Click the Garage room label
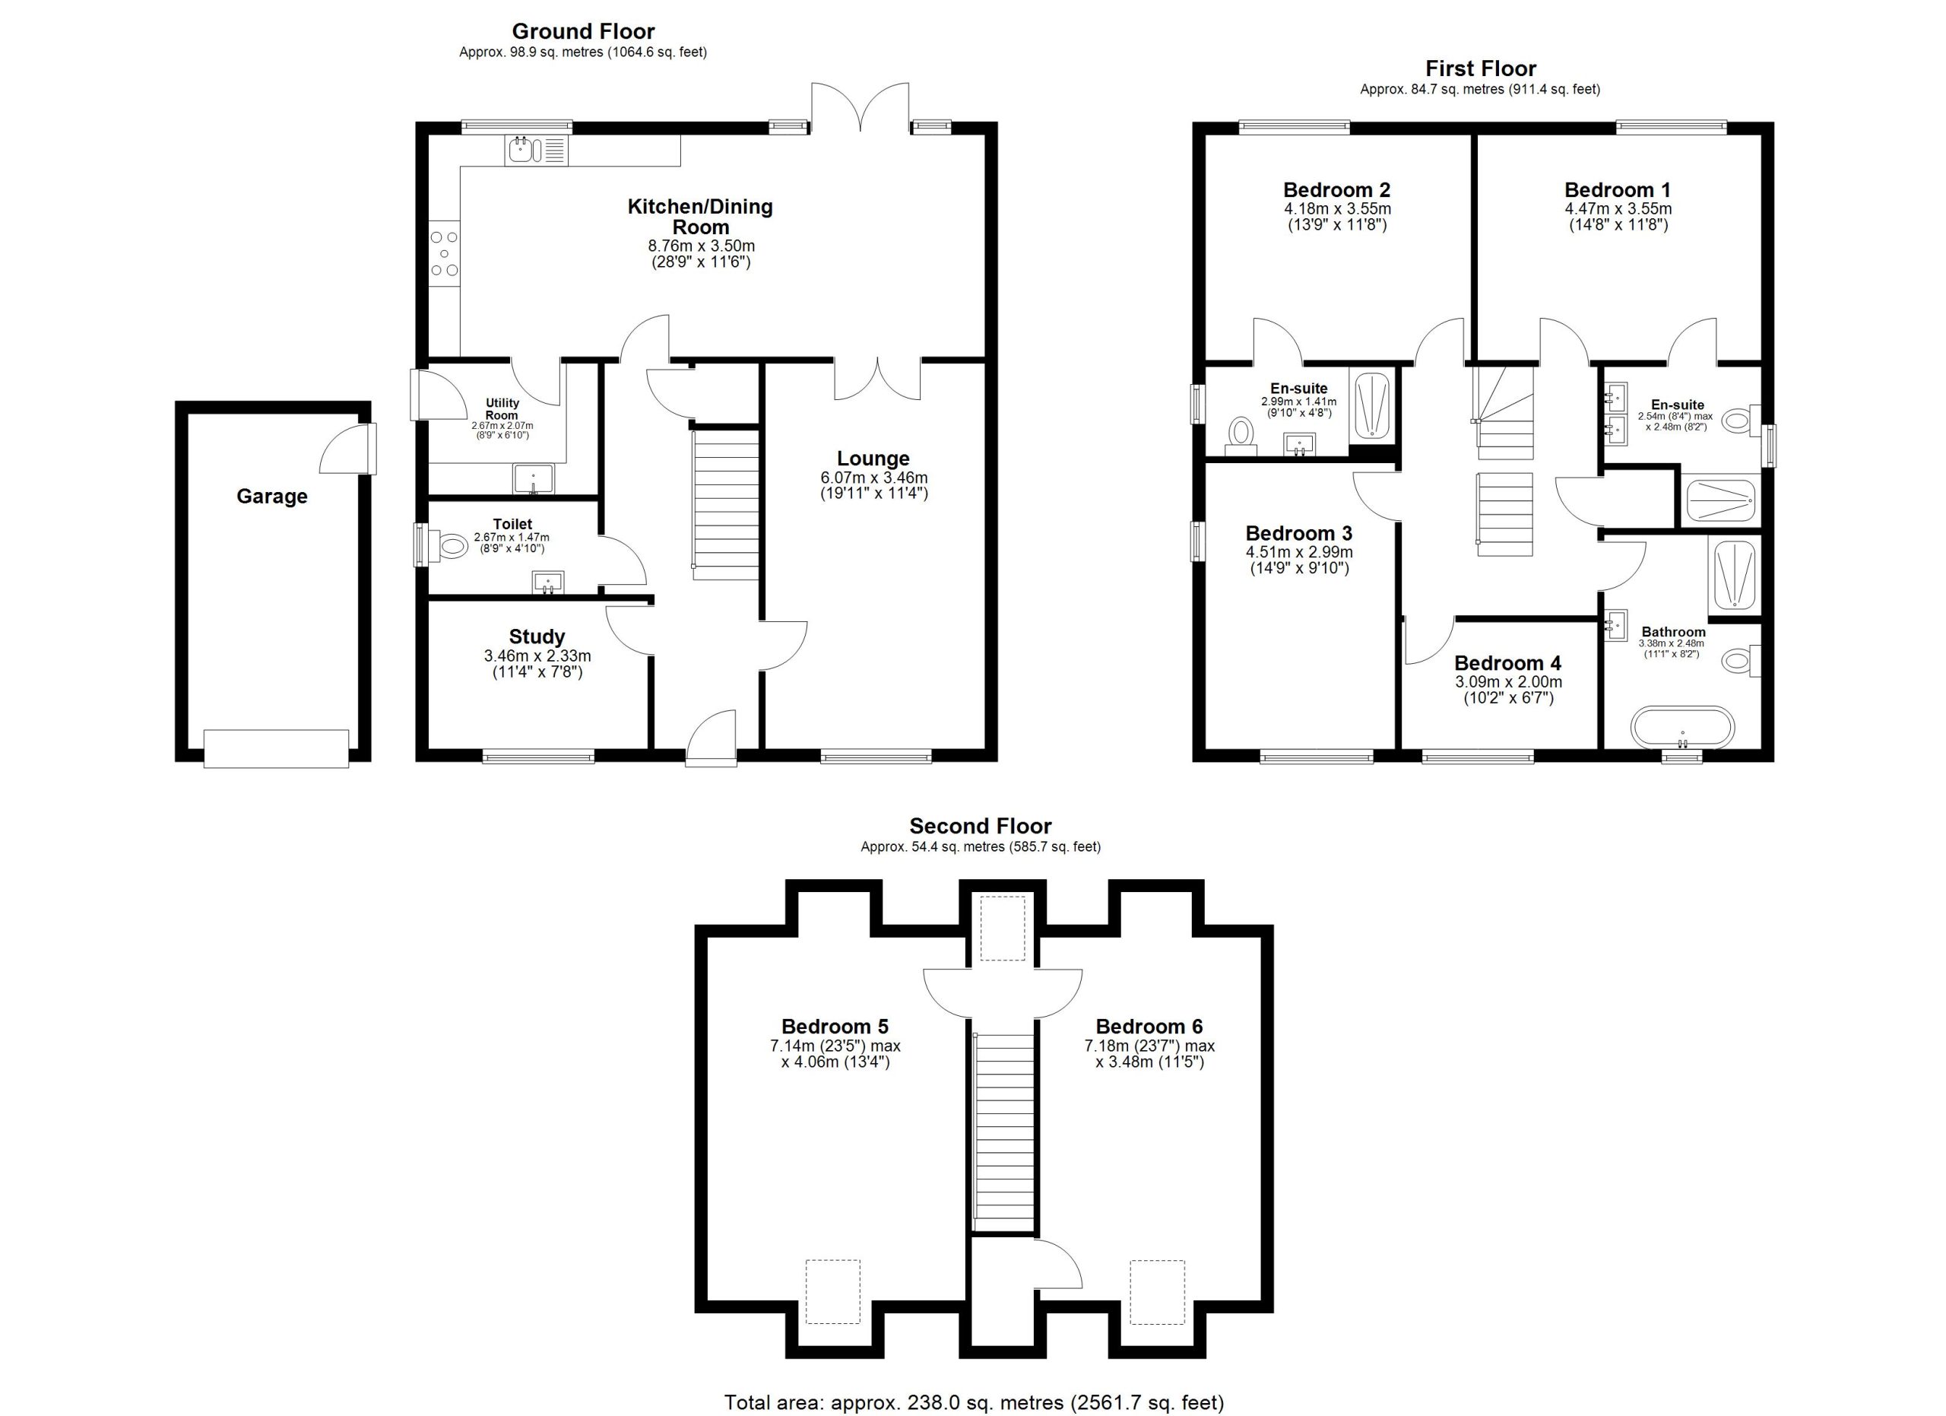coord(272,497)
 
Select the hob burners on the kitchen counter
coord(445,253)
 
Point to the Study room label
coord(537,637)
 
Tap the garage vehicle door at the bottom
coord(276,748)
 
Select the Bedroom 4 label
coord(1508,663)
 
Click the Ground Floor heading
coord(584,32)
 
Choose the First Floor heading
coord(1481,68)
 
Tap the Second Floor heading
coord(981,827)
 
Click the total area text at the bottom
coord(974,1402)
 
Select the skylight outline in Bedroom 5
coord(832,1291)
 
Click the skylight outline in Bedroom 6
coord(1158,1292)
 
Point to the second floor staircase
coord(1005,1134)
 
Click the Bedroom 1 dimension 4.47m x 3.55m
coord(1618,209)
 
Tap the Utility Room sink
coord(534,479)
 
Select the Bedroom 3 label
coord(1299,534)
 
